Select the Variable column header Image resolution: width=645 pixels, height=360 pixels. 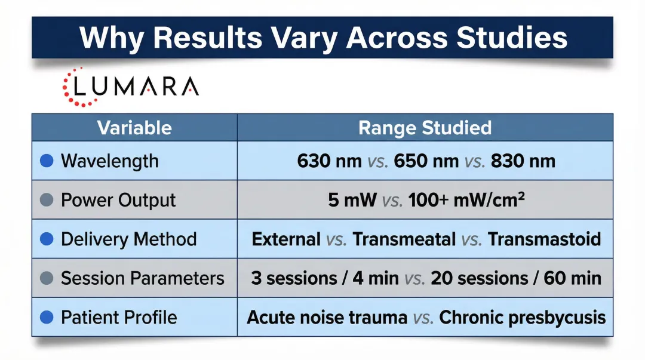click(134, 128)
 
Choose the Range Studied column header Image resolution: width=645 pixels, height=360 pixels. click(425, 128)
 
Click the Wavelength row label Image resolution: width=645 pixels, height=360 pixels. click(110, 161)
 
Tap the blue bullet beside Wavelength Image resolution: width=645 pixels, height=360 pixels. click(47, 161)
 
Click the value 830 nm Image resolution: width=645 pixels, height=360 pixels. click(523, 161)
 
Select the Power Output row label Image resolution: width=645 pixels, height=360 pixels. click(118, 200)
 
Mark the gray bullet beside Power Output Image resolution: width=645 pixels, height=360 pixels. click(47, 200)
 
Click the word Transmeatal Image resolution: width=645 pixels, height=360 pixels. click(404, 239)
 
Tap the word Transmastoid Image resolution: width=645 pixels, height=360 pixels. click(544, 239)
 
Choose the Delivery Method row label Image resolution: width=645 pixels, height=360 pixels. click(128, 239)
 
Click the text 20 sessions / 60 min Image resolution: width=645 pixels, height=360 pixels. click(516, 278)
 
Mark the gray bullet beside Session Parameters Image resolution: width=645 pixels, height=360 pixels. click(47, 278)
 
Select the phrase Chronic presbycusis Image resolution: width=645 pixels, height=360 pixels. click(523, 317)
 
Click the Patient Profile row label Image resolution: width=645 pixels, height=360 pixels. click(119, 317)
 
